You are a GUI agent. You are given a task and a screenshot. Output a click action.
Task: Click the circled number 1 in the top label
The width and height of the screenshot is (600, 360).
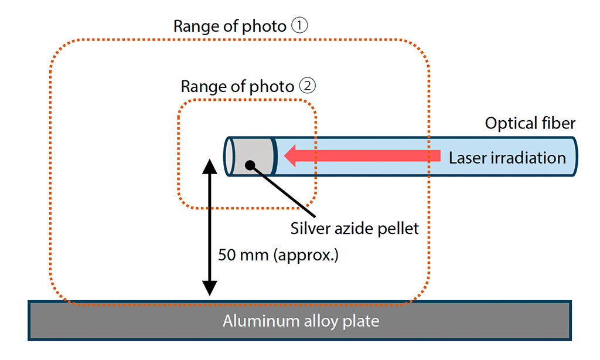pyautogui.click(x=299, y=26)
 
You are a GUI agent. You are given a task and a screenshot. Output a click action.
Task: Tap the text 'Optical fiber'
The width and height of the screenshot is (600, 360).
pyautogui.click(x=530, y=123)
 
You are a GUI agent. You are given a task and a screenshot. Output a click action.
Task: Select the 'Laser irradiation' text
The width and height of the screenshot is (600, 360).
pyautogui.click(x=507, y=158)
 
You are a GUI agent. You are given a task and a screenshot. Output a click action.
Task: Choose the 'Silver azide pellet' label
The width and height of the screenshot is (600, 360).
pyautogui.click(x=354, y=228)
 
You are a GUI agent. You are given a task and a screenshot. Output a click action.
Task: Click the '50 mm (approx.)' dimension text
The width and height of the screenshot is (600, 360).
pyautogui.click(x=278, y=255)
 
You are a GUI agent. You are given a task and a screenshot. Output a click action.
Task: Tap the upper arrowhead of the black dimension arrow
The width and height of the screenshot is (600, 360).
pyautogui.click(x=209, y=165)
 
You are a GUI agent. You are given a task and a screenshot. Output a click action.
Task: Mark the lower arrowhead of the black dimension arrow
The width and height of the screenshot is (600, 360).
pyautogui.click(x=209, y=288)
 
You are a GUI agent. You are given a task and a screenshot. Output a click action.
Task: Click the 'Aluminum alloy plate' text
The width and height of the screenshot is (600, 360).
pyautogui.click(x=301, y=321)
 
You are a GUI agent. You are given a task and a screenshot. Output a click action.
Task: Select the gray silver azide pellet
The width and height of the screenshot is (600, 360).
pyautogui.click(x=253, y=156)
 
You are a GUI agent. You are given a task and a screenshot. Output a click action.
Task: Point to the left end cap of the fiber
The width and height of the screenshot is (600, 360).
pyautogui.click(x=229, y=156)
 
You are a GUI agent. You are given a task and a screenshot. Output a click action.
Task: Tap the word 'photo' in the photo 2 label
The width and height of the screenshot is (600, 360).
pyautogui.click(x=271, y=87)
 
